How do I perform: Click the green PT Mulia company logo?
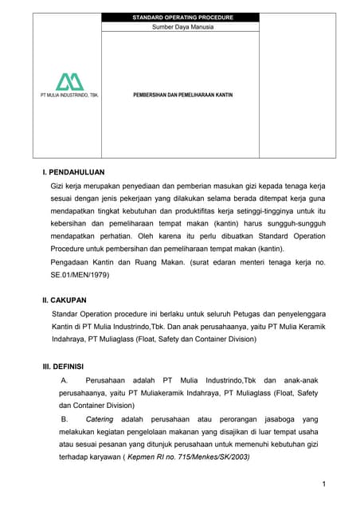point(69,81)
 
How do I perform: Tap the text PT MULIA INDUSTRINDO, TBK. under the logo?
point(69,94)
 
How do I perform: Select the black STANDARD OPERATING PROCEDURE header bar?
point(180,17)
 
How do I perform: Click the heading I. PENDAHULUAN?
point(73,171)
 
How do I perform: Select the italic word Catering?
point(100,419)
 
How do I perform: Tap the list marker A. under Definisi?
point(65,380)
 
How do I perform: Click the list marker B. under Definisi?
point(65,419)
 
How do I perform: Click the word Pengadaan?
point(70,262)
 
